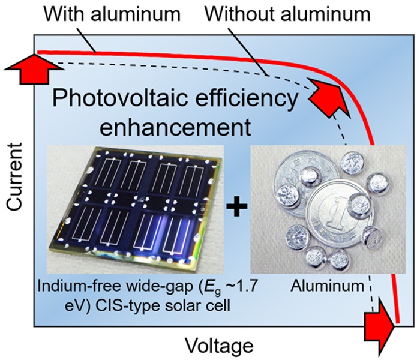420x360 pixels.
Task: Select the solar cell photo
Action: [135, 210]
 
